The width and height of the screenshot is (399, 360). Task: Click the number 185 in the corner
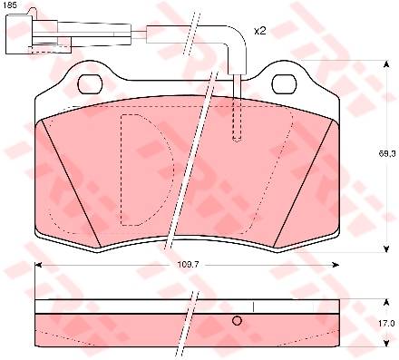8,5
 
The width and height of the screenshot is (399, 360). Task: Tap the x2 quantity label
259,31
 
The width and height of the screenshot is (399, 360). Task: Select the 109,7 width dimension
187,265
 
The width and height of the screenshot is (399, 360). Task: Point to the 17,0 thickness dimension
388,323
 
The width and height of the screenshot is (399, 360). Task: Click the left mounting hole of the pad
90,83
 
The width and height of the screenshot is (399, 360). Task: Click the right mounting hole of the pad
284,83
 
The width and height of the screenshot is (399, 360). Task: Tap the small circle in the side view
237,321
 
